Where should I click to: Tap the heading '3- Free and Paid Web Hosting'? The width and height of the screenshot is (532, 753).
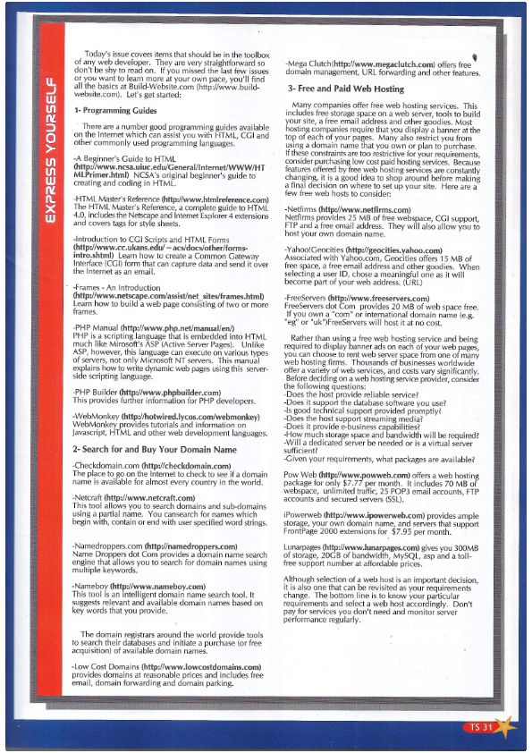pyautogui.click(x=345, y=89)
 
